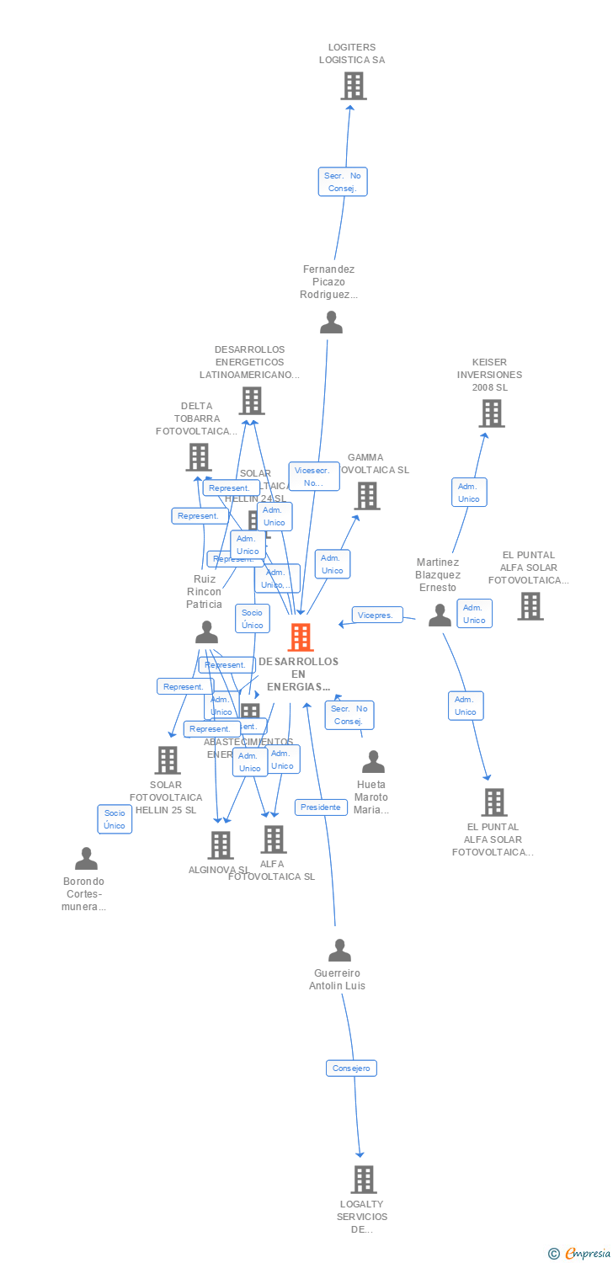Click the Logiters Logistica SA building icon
pos(354,86)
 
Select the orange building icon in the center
pos(301,637)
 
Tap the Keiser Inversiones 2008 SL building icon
pos(492,413)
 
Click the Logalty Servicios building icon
pos(363,1180)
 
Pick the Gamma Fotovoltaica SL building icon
pos(368,496)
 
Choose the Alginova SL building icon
pos(221,845)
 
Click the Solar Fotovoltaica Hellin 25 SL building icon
pos(168,760)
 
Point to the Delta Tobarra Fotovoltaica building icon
pos(199,457)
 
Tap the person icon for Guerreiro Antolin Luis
pos(339,951)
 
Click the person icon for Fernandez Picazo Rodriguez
pos(332,322)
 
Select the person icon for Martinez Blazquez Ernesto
pos(440,616)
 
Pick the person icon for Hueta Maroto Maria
pos(373,762)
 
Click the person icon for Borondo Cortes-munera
pos(86,859)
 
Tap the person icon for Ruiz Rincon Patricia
pos(206,631)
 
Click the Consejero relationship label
pos(351,1068)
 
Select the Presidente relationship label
pos(321,807)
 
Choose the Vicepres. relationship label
pos(376,616)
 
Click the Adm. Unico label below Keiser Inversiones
pos(468,493)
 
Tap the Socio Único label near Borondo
pos(115,819)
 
